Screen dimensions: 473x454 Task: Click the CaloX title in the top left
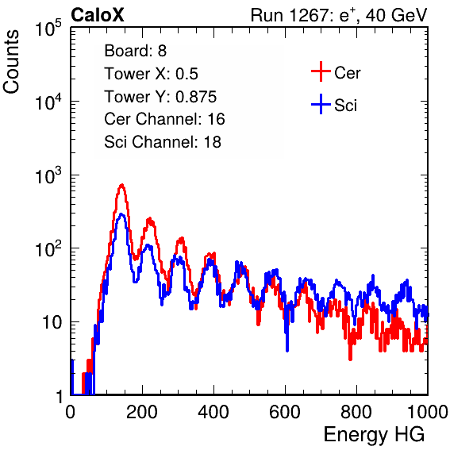[97, 15]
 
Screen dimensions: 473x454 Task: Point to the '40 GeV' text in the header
[397, 15]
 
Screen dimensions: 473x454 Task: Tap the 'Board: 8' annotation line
[135, 51]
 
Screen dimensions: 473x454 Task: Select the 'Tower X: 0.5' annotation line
[151, 74]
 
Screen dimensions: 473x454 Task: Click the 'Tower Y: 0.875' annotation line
[160, 97]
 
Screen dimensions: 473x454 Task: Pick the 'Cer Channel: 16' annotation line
[164, 119]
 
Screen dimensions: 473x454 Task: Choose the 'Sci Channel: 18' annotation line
[163, 142]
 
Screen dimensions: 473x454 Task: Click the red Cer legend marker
[321, 71]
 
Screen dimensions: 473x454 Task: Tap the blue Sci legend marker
[321, 104]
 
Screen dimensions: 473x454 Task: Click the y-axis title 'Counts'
[11, 62]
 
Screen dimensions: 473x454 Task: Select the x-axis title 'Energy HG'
[374, 434]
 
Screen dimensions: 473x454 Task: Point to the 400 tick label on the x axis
[213, 412]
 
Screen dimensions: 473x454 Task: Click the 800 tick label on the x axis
[356, 412]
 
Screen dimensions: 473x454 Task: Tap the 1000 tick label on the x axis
[428, 412]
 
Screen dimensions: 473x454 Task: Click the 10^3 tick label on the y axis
[48, 175]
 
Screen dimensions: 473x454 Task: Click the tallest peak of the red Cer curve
[122, 185]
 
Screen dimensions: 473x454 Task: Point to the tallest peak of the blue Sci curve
[121, 214]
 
